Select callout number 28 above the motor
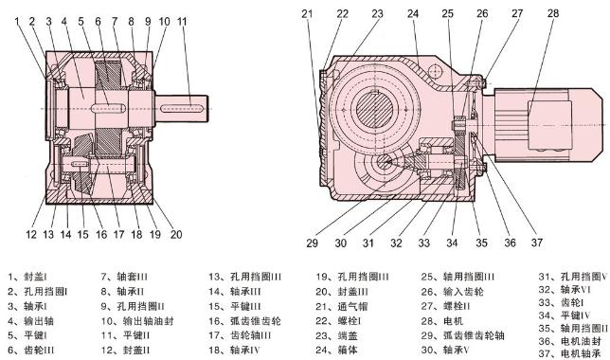coord(552,13)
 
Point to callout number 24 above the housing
coord(412,13)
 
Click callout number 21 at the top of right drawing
coord(307,13)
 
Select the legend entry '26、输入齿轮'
coord(450,292)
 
